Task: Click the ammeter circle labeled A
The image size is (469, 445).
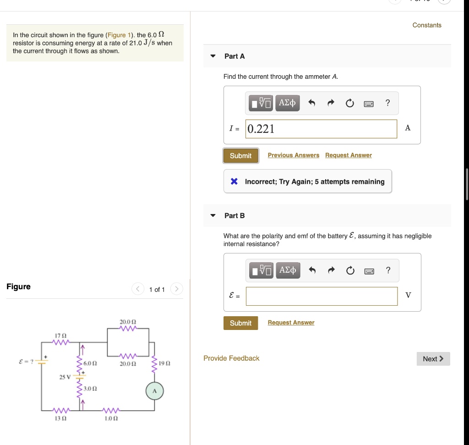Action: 155,391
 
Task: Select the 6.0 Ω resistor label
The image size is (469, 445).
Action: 90,363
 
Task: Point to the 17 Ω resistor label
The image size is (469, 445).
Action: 60,336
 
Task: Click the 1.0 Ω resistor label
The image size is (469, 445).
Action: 109,418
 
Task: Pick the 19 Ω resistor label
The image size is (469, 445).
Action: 165,363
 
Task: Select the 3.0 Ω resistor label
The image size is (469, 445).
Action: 91,388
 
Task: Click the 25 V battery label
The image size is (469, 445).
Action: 65,377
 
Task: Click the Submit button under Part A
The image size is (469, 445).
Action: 240,156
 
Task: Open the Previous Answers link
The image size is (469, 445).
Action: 294,155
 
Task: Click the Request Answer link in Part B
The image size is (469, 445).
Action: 291,323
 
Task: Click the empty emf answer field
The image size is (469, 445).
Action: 322,296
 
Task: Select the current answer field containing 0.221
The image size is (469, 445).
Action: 322,129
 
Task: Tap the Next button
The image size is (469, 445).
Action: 433,359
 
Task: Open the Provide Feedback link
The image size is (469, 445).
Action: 231,358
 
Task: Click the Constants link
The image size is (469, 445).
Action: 427,25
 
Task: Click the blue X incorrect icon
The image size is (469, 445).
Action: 234,181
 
